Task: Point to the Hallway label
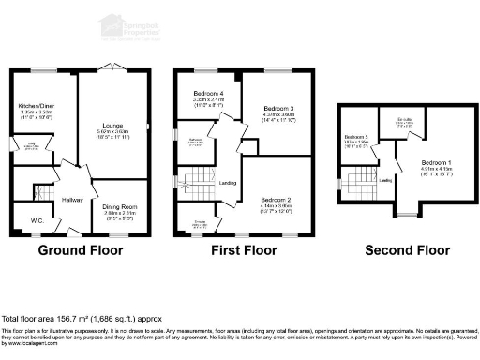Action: (71, 200)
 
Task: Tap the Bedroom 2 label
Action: (277, 200)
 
